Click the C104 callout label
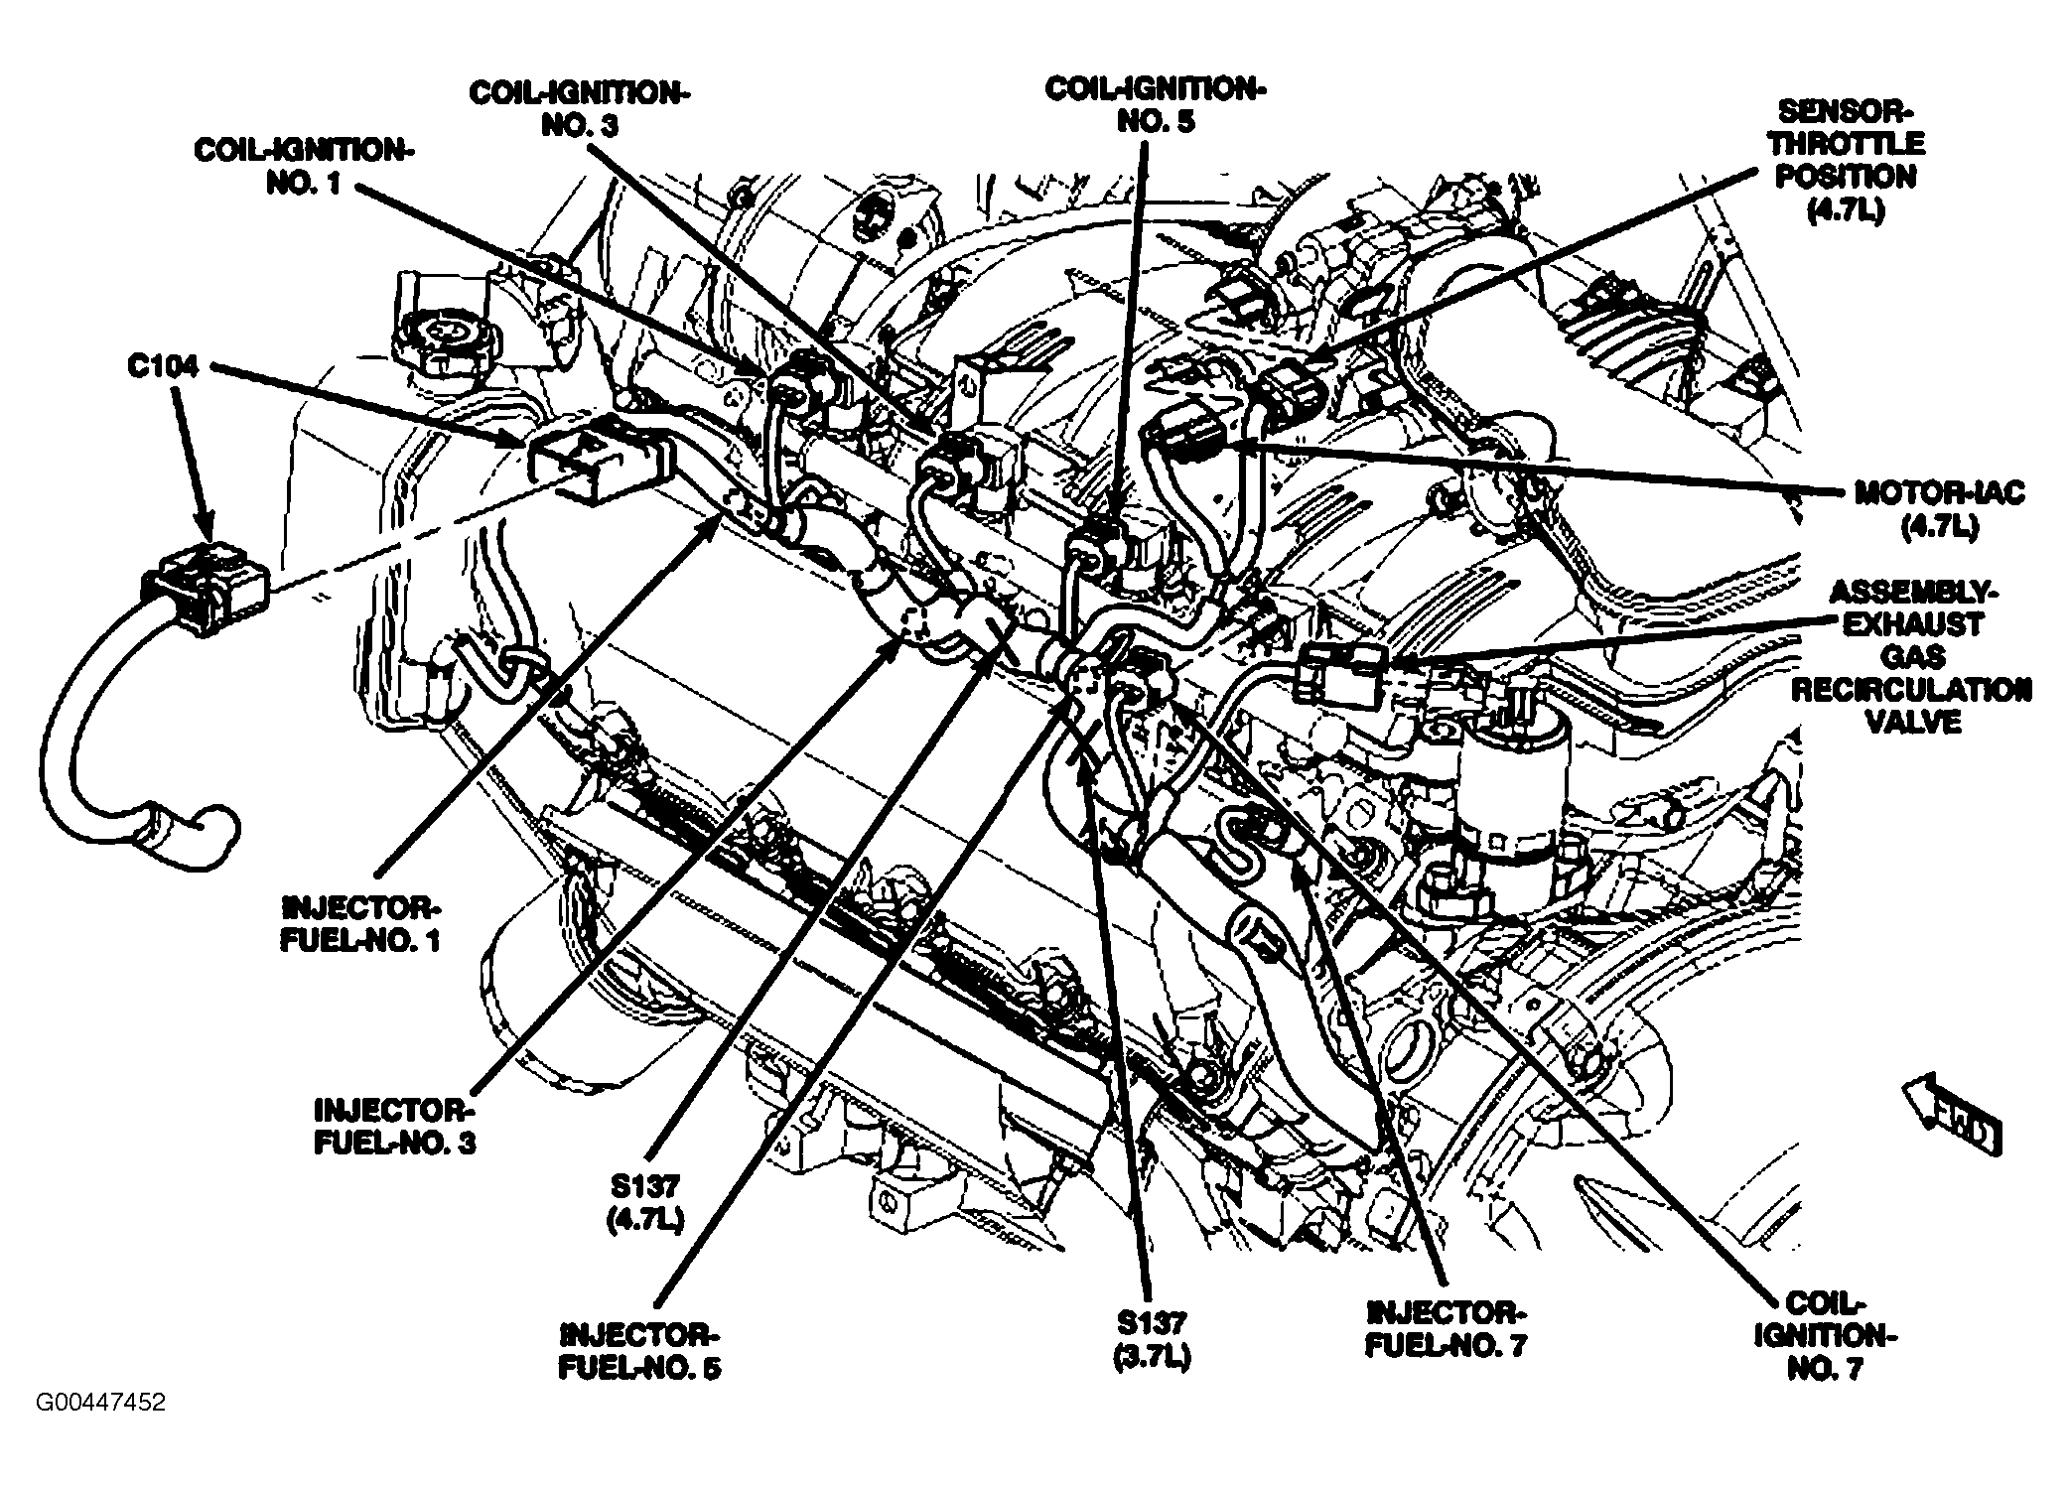pyautogui.click(x=164, y=367)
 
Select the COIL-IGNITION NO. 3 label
pyautogui.click(x=579, y=108)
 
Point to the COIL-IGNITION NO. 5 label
pyautogui.click(x=1154, y=105)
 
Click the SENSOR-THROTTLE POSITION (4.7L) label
pyautogui.click(x=1845, y=160)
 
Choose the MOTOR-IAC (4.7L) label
pyautogui.click(x=1939, y=509)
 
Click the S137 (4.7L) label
pyautogui.click(x=646, y=1202)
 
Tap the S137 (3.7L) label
pyautogui.click(x=1152, y=1339)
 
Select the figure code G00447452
pyautogui.click(x=101, y=1403)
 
